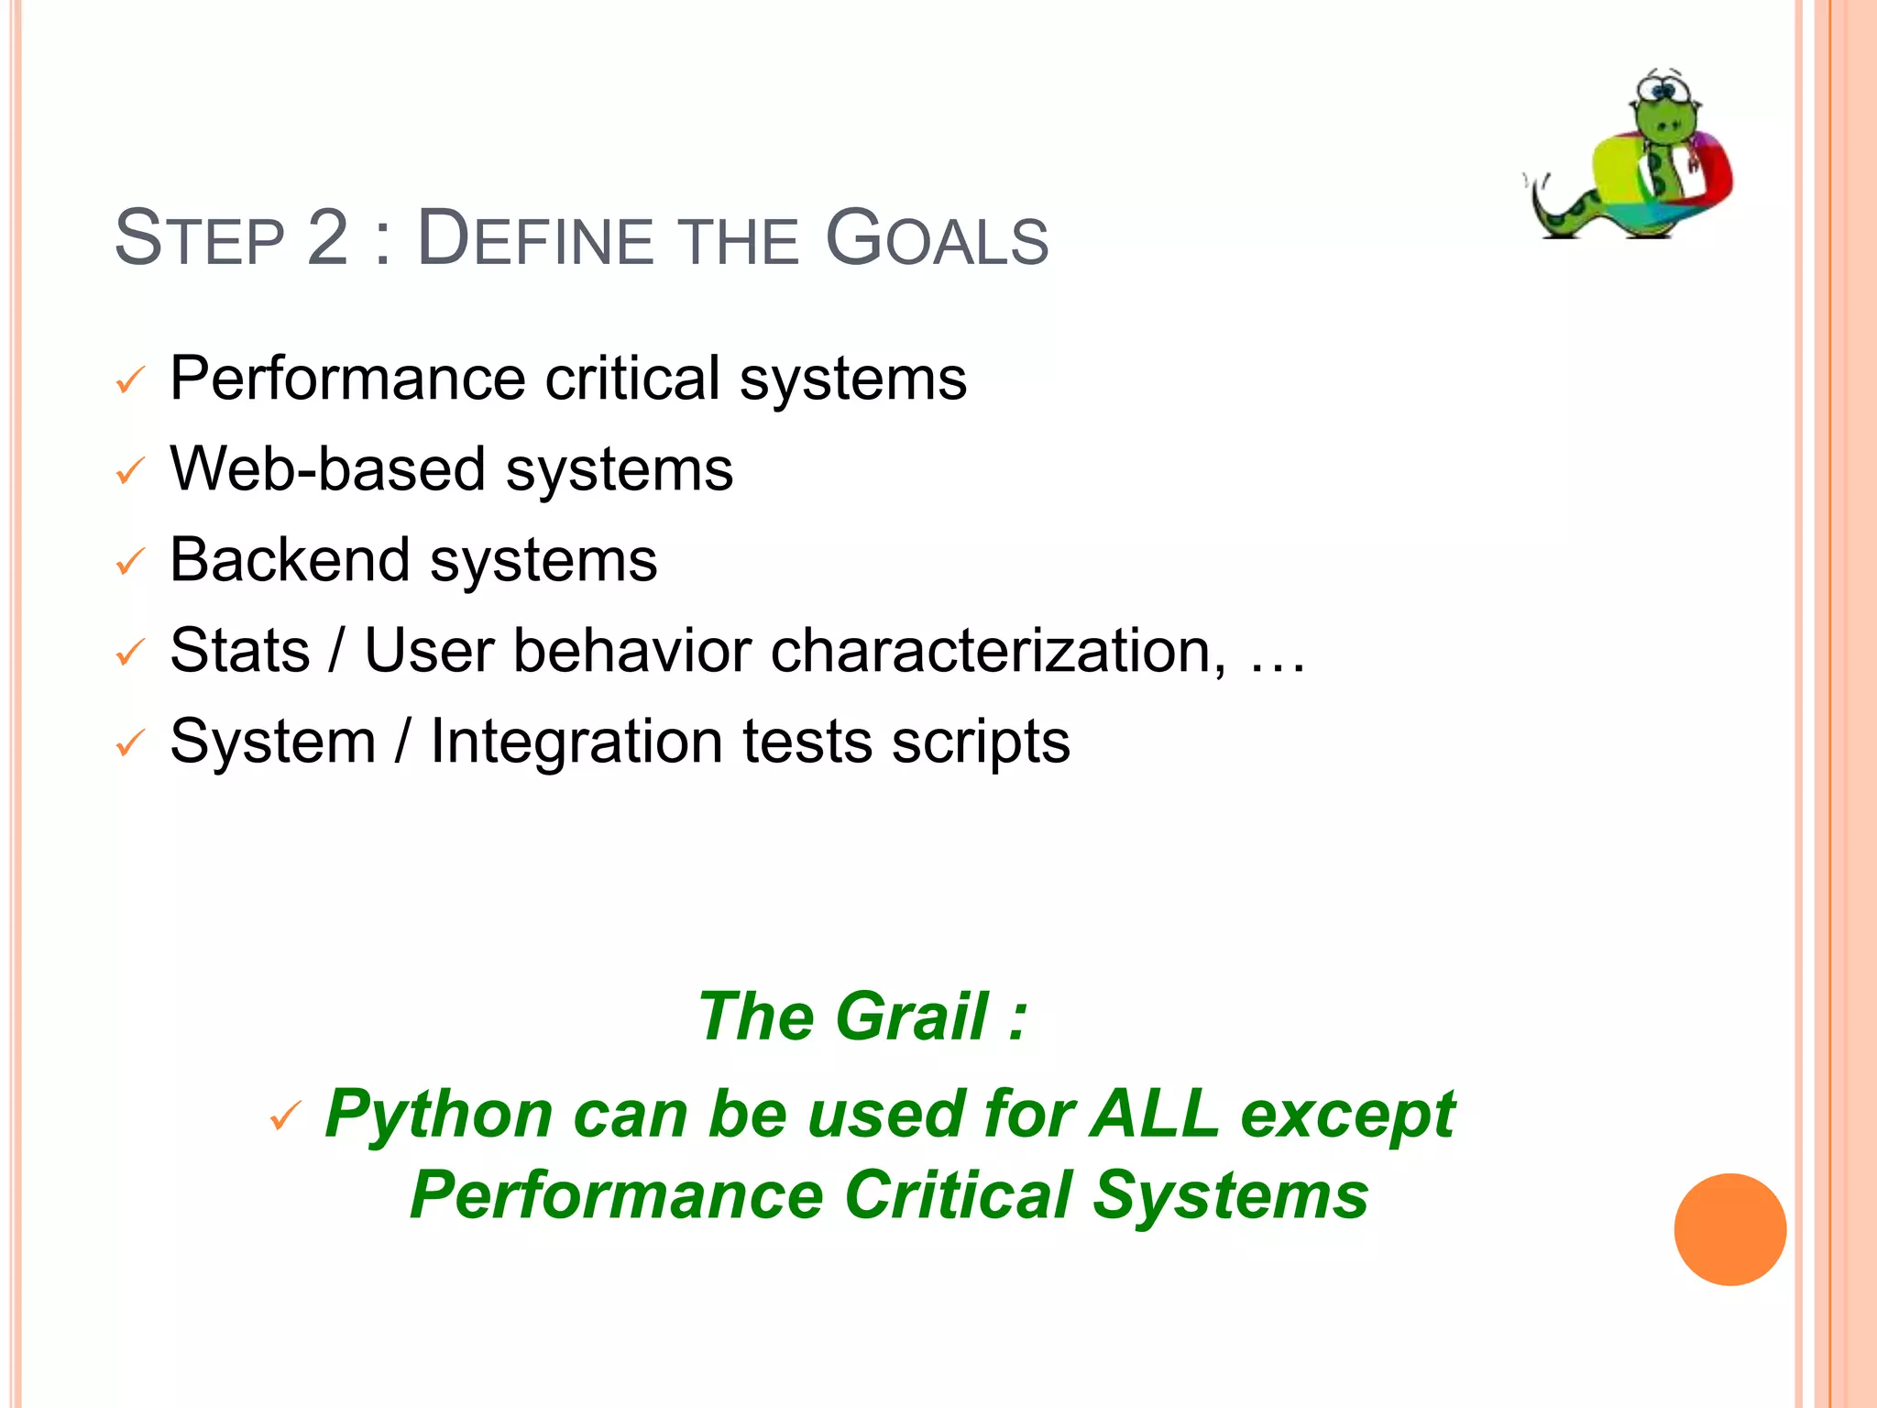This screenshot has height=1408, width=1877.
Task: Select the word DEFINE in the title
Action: pos(535,240)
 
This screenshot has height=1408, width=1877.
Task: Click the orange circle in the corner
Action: pos(1729,1229)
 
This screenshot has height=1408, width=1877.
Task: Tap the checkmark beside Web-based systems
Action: pos(130,472)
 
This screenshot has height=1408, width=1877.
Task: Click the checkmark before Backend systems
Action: pos(130,562)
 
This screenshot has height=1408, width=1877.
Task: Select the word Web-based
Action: pos(328,469)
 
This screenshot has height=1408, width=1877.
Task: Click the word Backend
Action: pos(290,560)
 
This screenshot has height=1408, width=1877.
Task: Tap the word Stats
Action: pos(240,651)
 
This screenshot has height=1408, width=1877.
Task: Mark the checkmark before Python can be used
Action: pos(285,1116)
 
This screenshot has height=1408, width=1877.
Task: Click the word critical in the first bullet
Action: pos(632,379)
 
